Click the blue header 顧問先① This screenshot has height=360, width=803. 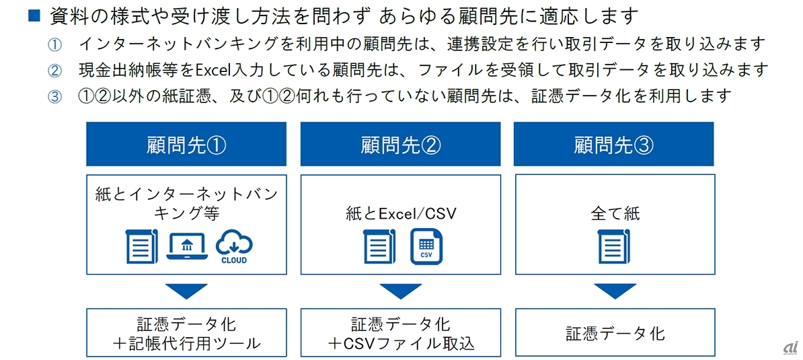(186, 144)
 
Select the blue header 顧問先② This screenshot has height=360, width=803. (400, 144)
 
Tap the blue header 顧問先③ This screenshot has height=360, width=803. (614, 144)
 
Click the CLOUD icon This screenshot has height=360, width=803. (234, 247)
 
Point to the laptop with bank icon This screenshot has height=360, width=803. (186, 246)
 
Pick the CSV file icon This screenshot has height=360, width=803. (426, 247)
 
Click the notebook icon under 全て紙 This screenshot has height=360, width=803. (614, 246)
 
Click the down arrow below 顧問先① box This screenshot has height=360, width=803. (186, 291)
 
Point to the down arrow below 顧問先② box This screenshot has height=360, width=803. (400, 291)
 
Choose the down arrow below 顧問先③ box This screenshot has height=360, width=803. (614, 291)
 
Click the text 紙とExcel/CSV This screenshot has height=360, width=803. (399, 215)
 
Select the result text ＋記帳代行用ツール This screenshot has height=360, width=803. (186, 343)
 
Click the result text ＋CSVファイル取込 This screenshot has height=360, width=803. (400, 343)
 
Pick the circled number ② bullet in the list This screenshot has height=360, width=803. (54, 70)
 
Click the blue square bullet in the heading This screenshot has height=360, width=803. (34, 15)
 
